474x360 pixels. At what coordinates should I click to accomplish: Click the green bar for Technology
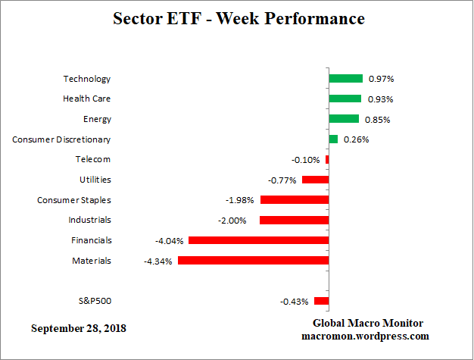tap(346, 78)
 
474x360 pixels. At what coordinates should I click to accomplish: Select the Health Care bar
tap(345, 99)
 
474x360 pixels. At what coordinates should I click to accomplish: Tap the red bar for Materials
tap(253, 261)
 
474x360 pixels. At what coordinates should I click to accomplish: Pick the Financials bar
tap(258, 240)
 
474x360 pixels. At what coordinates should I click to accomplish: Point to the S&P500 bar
tap(321, 301)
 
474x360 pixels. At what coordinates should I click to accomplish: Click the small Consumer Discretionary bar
tap(333, 139)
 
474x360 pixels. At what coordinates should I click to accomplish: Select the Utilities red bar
tap(315, 180)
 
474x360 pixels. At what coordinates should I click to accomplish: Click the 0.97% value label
tap(381, 79)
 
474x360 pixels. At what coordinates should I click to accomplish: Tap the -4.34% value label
tap(157, 261)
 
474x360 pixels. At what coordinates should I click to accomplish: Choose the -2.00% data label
tap(239, 221)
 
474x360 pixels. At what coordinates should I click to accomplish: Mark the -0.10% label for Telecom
tap(306, 160)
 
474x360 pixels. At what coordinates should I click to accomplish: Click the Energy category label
tap(97, 119)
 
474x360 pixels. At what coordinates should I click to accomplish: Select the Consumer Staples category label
tap(74, 200)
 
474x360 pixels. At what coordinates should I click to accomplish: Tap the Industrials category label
tap(89, 220)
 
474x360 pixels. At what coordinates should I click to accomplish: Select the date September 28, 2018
tap(79, 328)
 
